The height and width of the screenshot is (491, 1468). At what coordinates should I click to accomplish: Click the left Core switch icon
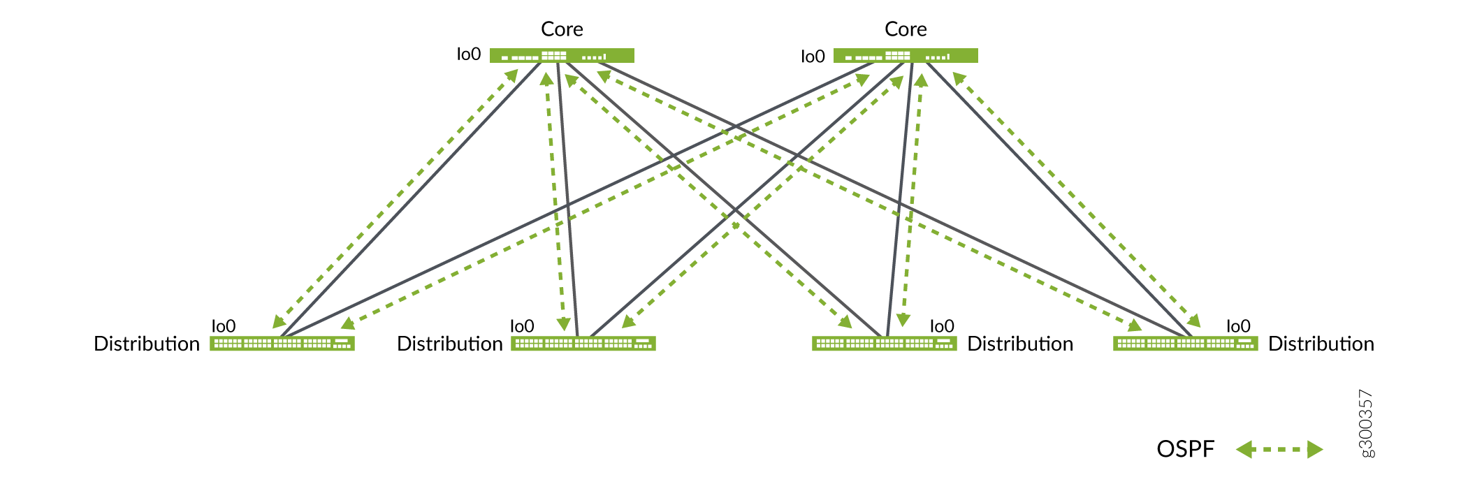click(x=562, y=56)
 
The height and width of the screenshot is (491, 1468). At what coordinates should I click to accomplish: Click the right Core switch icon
click(x=906, y=56)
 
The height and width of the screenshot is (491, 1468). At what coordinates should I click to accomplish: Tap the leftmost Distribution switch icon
click(x=282, y=344)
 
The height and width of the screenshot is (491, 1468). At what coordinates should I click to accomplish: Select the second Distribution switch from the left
click(x=583, y=344)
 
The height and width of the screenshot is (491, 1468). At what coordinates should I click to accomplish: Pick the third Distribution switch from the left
click(x=885, y=344)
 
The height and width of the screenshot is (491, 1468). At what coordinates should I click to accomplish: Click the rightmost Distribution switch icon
click(x=1186, y=344)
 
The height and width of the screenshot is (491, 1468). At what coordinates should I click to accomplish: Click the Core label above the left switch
click(x=562, y=29)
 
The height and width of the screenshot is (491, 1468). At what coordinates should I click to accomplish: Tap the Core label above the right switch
click(x=906, y=29)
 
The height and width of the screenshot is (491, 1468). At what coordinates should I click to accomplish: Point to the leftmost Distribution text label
click(x=147, y=344)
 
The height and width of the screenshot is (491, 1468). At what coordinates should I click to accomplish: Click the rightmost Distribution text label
click(x=1321, y=344)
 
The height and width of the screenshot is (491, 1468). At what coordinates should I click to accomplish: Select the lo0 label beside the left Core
click(x=469, y=54)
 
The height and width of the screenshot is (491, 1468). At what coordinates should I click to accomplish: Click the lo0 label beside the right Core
click(x=813, y=57)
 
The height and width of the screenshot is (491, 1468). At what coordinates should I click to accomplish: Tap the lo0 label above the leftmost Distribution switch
click(x=224, y=326)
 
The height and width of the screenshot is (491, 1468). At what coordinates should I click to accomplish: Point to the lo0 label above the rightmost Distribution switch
click(x=1238, y=326)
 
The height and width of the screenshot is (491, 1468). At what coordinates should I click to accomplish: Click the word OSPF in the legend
click(x=1186, y=449)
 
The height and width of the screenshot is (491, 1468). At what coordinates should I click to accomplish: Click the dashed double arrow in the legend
click(x=1279, y=449)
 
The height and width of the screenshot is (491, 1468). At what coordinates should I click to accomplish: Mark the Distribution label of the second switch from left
click(x=450, y=344)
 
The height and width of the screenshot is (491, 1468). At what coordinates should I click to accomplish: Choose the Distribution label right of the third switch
click(x=1020, y=344)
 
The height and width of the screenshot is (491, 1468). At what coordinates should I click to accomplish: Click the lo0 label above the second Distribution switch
click(x=522, y=326)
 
